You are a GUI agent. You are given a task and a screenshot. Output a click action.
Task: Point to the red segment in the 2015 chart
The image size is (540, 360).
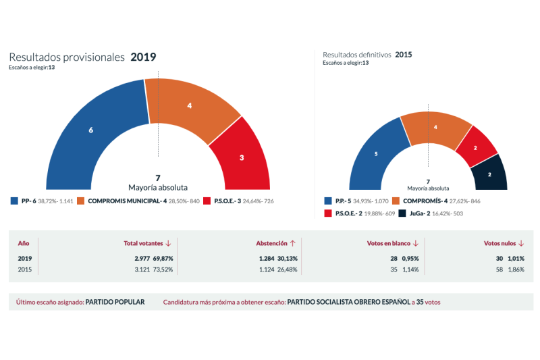(476, 147)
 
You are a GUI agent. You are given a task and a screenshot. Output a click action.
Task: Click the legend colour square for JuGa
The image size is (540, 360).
(402, 213)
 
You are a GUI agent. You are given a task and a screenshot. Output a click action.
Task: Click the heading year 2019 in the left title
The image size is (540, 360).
(143, 57)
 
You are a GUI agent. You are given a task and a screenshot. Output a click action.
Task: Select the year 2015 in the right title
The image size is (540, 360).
(404, 55)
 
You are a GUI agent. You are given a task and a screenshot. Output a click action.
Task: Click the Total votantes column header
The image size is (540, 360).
(143, 243)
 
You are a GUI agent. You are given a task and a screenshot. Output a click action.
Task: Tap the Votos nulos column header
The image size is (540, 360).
(500, 243)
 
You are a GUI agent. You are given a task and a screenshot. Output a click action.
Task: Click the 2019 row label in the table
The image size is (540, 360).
(24, 258)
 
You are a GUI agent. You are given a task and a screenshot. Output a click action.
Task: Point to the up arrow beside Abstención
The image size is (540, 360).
(293, 243)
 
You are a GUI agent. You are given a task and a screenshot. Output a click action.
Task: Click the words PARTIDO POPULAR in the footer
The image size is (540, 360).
(115, 302)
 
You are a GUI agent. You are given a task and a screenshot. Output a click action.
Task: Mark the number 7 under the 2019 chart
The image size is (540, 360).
(158, 178)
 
